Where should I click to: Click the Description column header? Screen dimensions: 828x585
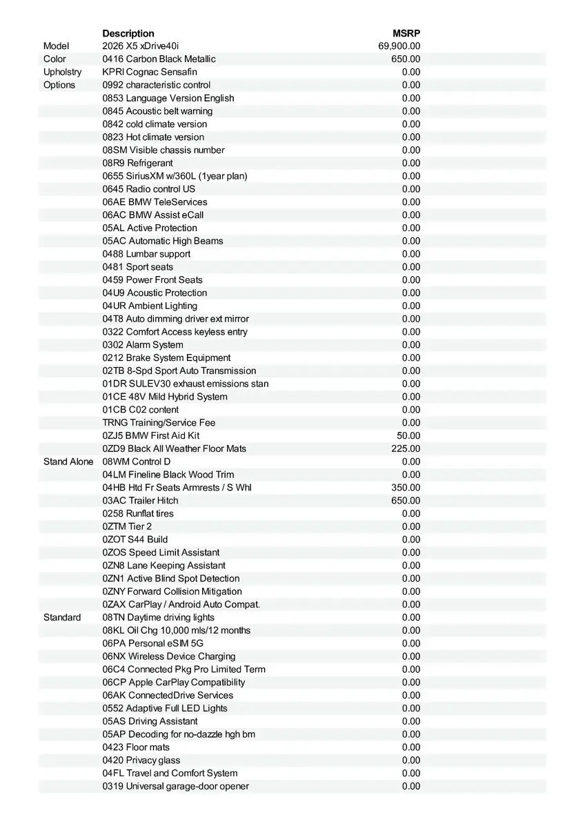128,33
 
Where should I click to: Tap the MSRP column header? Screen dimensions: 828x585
406,33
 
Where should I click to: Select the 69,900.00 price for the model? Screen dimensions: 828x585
399,46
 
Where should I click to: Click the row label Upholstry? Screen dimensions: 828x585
62,72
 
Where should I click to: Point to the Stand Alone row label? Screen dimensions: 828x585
68,462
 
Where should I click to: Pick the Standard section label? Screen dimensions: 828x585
62,618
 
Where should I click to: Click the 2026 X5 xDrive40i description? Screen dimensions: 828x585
140,46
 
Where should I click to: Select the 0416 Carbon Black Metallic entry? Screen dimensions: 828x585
159,59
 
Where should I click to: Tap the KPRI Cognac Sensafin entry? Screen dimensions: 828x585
150,72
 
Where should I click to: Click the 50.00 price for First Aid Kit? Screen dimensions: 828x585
408,435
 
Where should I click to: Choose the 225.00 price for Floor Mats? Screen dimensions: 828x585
406,448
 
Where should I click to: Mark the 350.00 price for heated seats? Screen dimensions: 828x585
406,487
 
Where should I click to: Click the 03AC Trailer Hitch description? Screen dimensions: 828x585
140,500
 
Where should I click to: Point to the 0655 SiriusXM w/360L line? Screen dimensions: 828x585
175,176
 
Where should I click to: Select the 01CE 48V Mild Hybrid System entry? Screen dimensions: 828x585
165,397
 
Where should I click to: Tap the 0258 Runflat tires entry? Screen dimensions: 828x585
138,513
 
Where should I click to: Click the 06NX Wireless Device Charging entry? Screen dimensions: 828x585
169,656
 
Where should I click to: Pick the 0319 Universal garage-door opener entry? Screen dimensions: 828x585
176,786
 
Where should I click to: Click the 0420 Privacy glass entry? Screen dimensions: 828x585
141,760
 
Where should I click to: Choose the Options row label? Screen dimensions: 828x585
59,85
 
